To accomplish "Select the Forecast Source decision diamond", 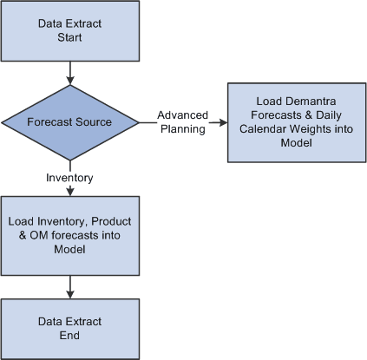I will pos(69,121).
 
